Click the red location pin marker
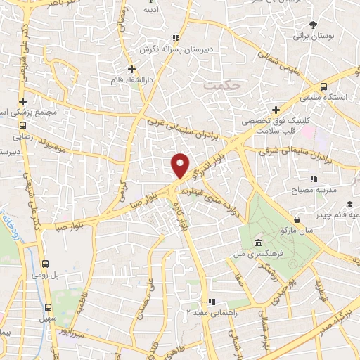(x=180, y=165)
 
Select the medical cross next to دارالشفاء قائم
(x=131, y=69)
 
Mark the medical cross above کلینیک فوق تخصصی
(x=276, y=110)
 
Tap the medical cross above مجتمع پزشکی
(x=23, y=101)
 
